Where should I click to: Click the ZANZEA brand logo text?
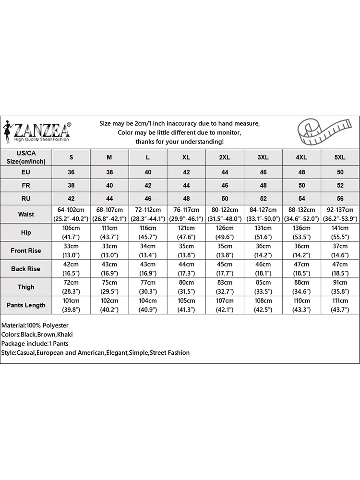42,130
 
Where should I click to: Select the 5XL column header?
340,157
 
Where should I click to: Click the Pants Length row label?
26,305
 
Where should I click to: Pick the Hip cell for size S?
71,232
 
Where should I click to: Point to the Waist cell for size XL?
186,214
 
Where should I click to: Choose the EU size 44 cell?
225,172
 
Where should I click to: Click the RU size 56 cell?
340,198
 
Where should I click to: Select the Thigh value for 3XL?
263,287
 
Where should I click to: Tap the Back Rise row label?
26,269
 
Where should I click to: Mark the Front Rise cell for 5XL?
340,251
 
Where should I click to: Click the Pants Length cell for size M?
109,305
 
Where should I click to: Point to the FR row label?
26,185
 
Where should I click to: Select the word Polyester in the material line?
53,325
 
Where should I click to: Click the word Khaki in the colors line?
64,335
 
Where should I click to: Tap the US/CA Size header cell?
26,157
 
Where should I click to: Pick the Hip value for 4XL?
301,232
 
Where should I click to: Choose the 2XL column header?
225,157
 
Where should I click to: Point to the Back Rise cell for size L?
148,269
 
